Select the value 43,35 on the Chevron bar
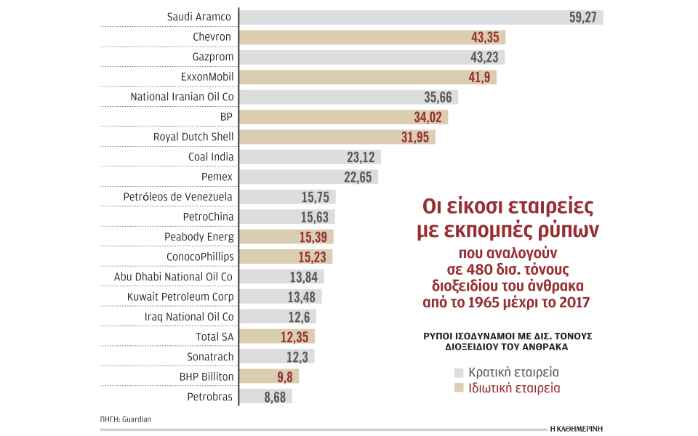[487, 37]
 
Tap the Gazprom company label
[212, 57]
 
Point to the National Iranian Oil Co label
[182, 97]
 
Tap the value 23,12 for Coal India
[362, 157]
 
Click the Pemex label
[217, 177]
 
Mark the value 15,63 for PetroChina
[316, 217]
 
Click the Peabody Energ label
[199, 237]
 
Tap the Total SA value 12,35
[296, 336]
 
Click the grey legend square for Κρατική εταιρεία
[458, 373]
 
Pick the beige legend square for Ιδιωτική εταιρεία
[458, 389]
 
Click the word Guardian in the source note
[137, 419]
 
